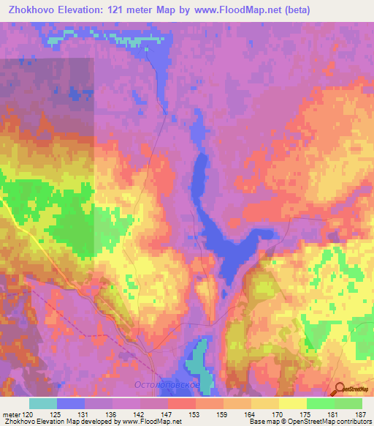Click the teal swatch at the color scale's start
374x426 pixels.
click(x=43, y=403)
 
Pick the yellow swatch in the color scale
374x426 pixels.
click(x=292, y=403)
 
